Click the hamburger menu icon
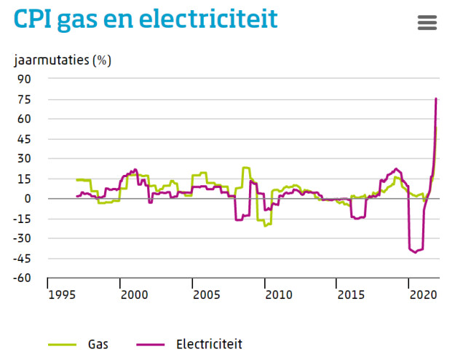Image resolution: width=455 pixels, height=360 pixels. [x=427, y=23]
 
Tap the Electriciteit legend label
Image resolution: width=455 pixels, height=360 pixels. [x=208, y=343]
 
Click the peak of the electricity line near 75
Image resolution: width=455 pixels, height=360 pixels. [x=435, y=98]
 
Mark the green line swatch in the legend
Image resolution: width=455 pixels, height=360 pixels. [x=62, y=343]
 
